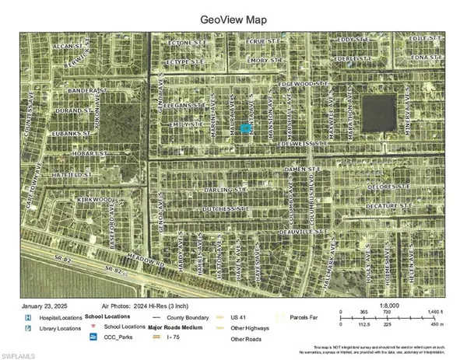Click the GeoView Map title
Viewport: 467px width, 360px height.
coord(233,16)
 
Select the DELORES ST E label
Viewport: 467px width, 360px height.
coord(389,187)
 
